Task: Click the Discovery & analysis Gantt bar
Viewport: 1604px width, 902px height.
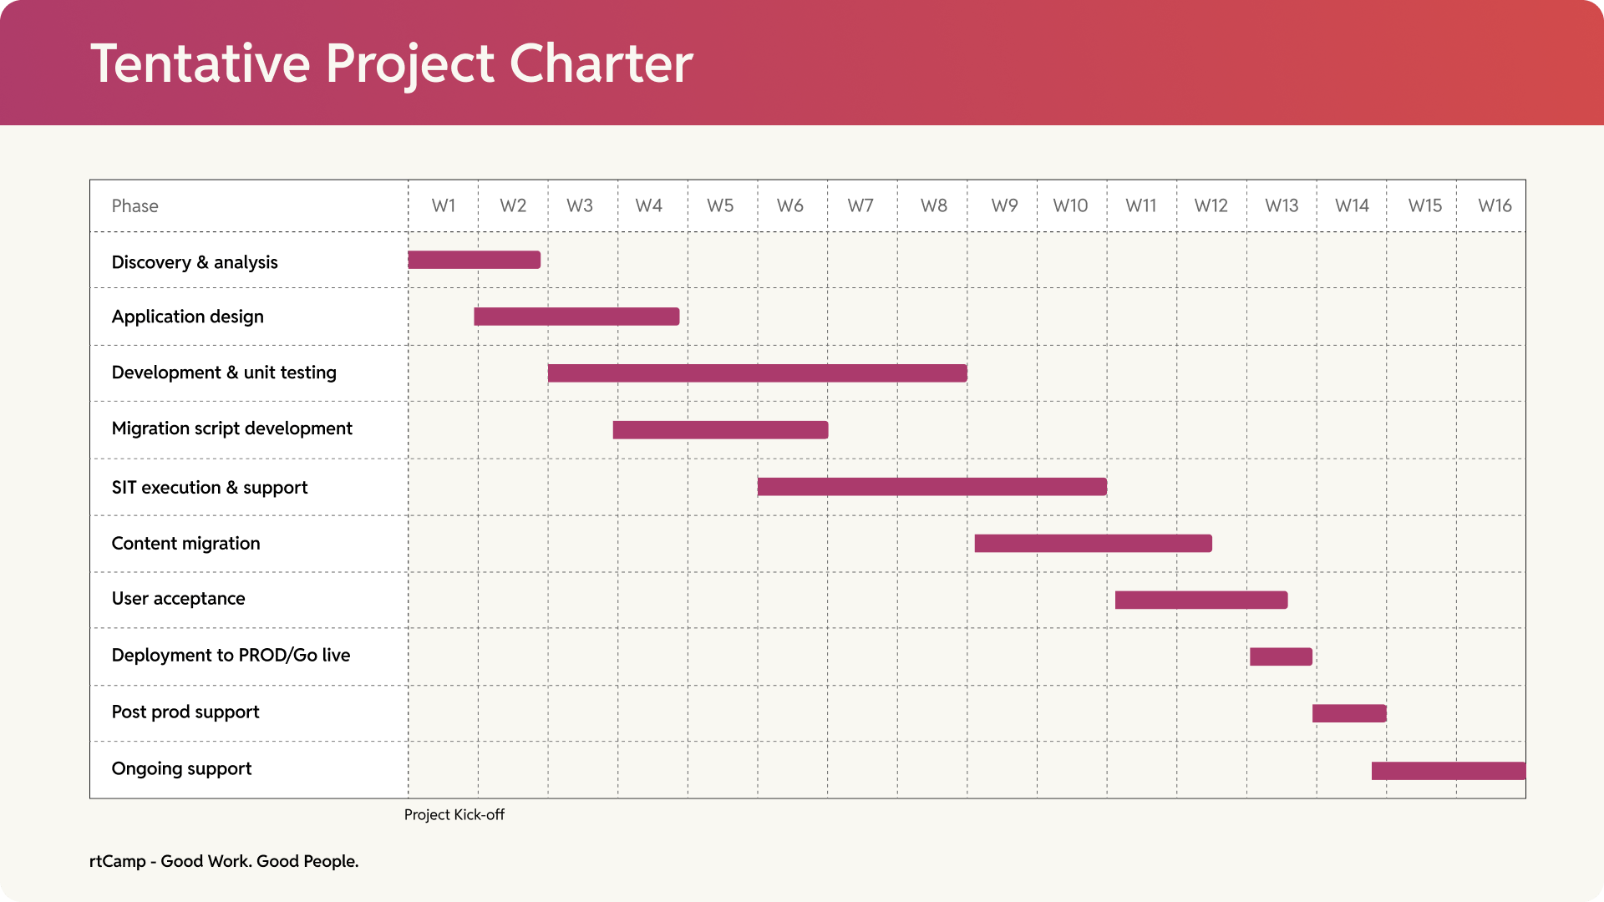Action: coord(474,260)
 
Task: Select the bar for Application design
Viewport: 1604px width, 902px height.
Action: coord(576,317)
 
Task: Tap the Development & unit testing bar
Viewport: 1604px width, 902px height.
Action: coord(757,373)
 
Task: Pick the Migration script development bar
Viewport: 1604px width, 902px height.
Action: coord(720,430)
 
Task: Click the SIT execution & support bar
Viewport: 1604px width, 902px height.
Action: coord(931,487)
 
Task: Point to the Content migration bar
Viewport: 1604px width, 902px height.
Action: coord(1093,544)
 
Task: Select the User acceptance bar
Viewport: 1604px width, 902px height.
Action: coord(1200,600)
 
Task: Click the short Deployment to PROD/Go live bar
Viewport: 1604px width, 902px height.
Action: coord(1281,656)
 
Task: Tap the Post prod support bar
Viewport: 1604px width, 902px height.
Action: coord(1349,713)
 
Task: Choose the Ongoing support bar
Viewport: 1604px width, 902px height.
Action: coord(1448,771)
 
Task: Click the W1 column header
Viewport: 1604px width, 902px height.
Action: coord(444,205)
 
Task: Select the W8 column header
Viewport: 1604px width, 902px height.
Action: coord(933,205)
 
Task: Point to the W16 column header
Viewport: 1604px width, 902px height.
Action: coord(1494,205)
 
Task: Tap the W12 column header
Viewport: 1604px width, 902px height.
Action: coord(1211,205)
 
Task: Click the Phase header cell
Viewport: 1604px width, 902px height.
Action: coord(135,206)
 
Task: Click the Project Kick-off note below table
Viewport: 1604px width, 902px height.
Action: coord(454,814)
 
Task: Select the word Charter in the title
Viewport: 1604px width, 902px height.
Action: coord(601,63)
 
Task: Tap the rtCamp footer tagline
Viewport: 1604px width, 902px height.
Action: coord(224,861)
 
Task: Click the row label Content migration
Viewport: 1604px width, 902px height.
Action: coord(185,544)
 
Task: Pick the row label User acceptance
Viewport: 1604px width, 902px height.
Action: coord(178,599)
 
